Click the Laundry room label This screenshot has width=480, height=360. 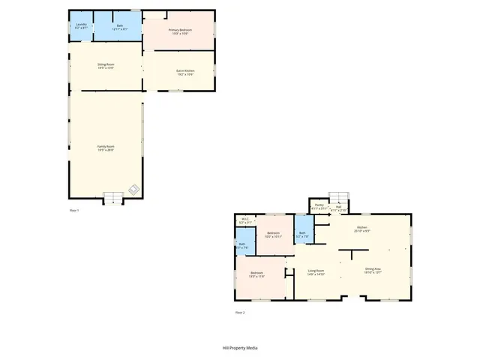coord(82,26)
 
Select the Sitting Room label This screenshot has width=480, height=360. coord(105,67)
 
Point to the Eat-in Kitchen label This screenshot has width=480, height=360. coord(185,72)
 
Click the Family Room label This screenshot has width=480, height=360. coord(105,148)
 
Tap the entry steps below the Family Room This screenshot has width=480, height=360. coord(112,198)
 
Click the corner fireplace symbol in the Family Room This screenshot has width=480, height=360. coord(132,188)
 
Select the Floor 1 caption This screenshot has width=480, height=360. coord(73,211)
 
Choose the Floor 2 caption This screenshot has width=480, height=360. coord(239,312)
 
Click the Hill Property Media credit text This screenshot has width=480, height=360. coord(240,348)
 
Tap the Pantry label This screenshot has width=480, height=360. coord(319,206)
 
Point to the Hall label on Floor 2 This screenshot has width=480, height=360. coord(338,208)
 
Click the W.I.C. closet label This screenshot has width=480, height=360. coord(245,221)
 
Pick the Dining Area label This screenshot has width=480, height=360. coord(373,271)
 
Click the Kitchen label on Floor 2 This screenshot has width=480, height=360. coord(362,229)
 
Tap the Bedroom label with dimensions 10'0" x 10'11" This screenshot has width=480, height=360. coord(273,234)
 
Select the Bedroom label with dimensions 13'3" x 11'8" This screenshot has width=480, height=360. coord(257,274)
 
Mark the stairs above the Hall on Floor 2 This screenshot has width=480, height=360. coord(341,198)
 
